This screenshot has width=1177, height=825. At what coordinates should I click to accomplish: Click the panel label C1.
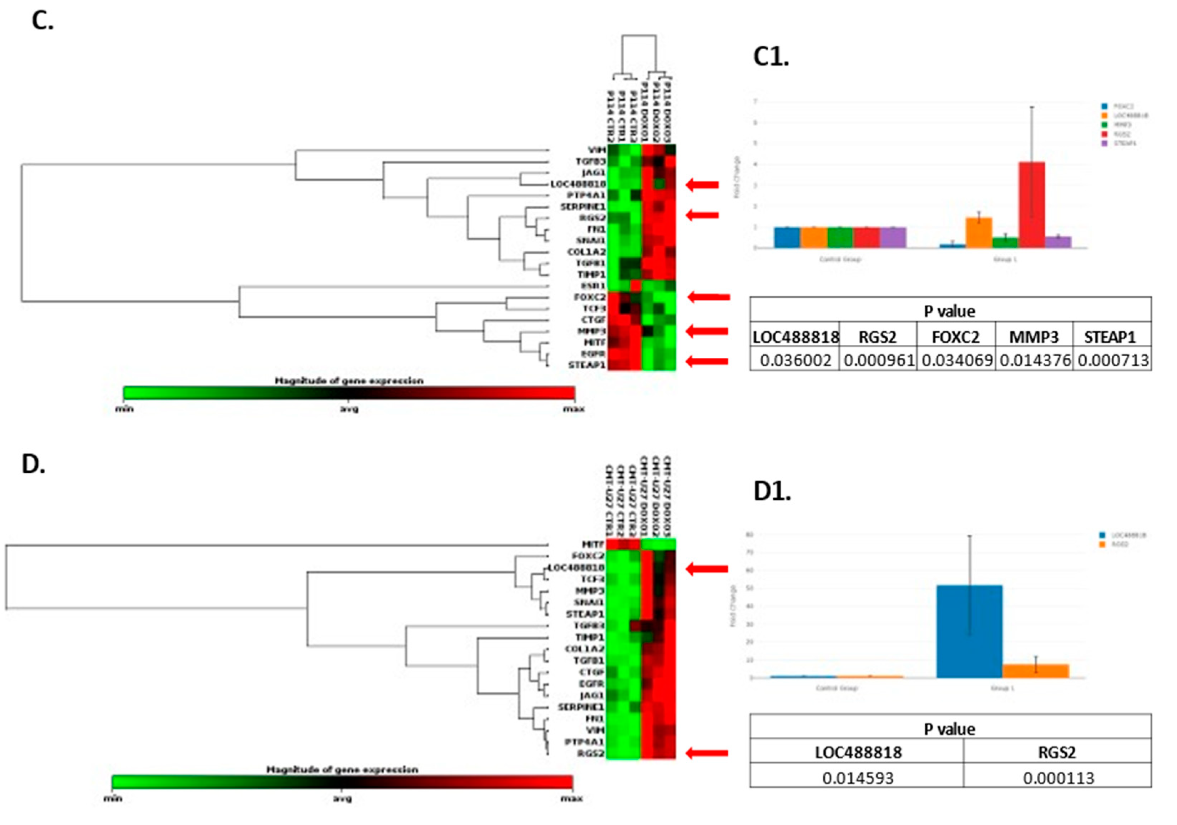click(x=771, y=56)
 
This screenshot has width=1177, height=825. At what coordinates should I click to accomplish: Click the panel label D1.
click(x=772, y=491)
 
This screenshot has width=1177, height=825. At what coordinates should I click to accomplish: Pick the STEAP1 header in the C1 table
click(x=1110, y=337)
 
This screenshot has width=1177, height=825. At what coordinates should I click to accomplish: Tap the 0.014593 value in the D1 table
click(x=858, y=778)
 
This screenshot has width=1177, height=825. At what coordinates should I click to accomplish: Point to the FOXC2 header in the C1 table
click(x=955, y=337)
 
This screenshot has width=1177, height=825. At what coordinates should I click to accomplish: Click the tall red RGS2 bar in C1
click(x=1031, y=205)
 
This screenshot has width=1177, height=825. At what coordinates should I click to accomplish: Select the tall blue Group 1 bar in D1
click(x=969, y=631)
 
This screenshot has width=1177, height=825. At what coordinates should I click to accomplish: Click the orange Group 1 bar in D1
click(x=1036, y=671)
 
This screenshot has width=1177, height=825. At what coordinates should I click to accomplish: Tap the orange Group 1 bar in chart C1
click(x=979, y=233)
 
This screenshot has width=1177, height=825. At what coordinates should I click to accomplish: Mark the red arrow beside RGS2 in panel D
click(x=707, y=753)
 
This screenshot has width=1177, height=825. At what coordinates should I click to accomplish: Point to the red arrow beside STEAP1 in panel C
click(x=707, y=362)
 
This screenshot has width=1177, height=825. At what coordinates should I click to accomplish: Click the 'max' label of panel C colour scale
click(x=573, y=409)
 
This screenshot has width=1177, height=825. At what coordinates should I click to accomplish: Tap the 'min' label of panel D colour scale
click(x=113, y=798)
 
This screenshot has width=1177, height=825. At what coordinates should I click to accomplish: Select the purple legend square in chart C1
click(x=1104, y=144)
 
